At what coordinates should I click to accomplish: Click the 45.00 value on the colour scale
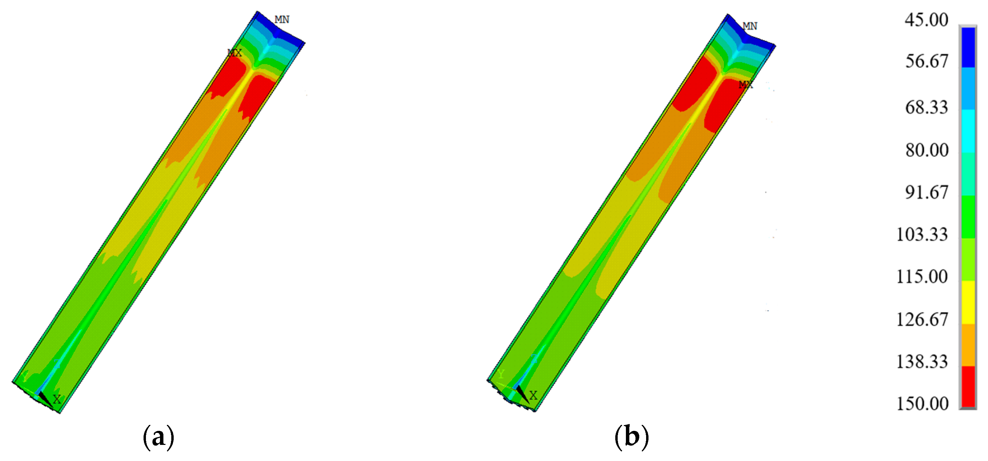(926, 20)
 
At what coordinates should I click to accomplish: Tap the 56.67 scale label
(926, 61)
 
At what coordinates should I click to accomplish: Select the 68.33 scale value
(926, 108)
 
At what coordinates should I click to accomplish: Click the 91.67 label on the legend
(926, 192)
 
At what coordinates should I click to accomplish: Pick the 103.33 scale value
(922, 234)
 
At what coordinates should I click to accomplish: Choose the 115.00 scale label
(922, 276)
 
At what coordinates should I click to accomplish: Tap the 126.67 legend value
(922, 320)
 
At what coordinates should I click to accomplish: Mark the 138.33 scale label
(922, 362)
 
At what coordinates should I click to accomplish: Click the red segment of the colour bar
(968, 387)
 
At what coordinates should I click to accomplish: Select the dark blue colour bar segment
(968, 47)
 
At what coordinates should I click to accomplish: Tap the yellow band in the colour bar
(968, 302)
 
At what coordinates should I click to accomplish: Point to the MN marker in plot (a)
(282, 20)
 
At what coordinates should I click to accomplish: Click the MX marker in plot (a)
(235, 53)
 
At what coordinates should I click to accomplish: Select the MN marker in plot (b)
(750, 26)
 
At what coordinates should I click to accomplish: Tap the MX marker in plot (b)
(745, 84)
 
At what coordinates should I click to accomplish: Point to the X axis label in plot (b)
(533, 396)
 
